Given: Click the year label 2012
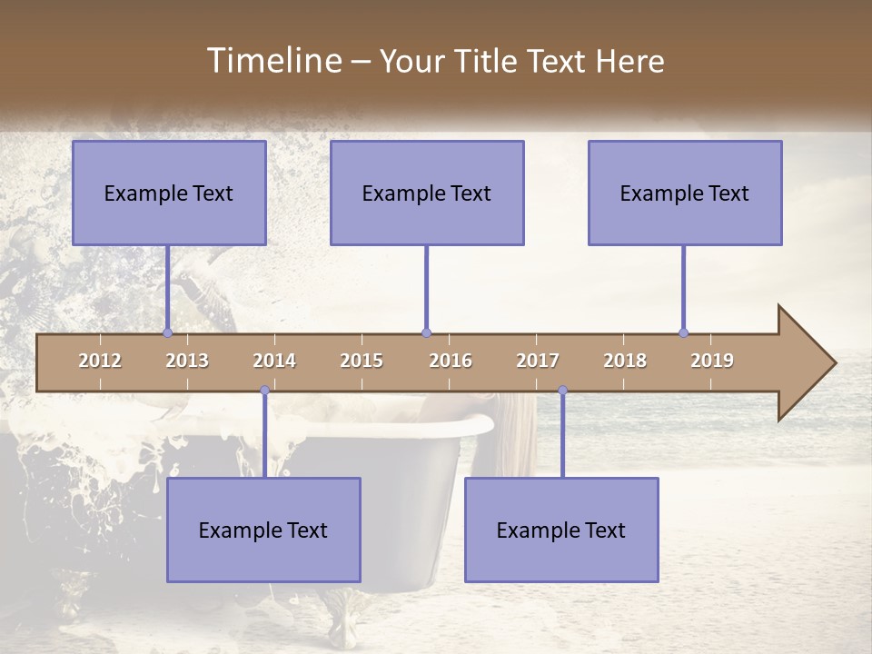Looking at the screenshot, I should [x=100, y=361].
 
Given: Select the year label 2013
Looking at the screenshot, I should [x=187, y=361].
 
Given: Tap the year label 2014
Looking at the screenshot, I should [x=274, y=361].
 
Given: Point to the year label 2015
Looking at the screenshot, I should [x=362, y=361].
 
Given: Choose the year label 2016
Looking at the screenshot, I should [x=451, y=361].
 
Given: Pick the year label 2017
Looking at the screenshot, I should [x=538, y=361].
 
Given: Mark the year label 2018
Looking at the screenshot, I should [x=625, y=361].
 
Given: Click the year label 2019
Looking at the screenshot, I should [x=712, y=361].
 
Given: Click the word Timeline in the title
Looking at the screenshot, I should [x=272, y=61].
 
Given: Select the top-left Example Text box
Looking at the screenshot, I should [x=169, y=193].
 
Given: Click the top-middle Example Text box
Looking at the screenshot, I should [x=427, y=193].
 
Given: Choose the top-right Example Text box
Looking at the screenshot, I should [x=685, y=193].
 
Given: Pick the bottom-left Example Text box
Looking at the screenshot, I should [x=263, y=530].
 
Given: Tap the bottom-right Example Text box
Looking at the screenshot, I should [x=561, y=530].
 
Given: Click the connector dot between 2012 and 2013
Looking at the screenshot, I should [x=167, y=333].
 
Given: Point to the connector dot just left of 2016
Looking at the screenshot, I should [x=426, y=333].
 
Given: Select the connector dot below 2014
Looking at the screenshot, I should [x=264, y=391].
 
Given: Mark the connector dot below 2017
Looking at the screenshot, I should [x=562, y=391].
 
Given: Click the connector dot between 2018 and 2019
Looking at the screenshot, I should [x=683, y=333].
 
